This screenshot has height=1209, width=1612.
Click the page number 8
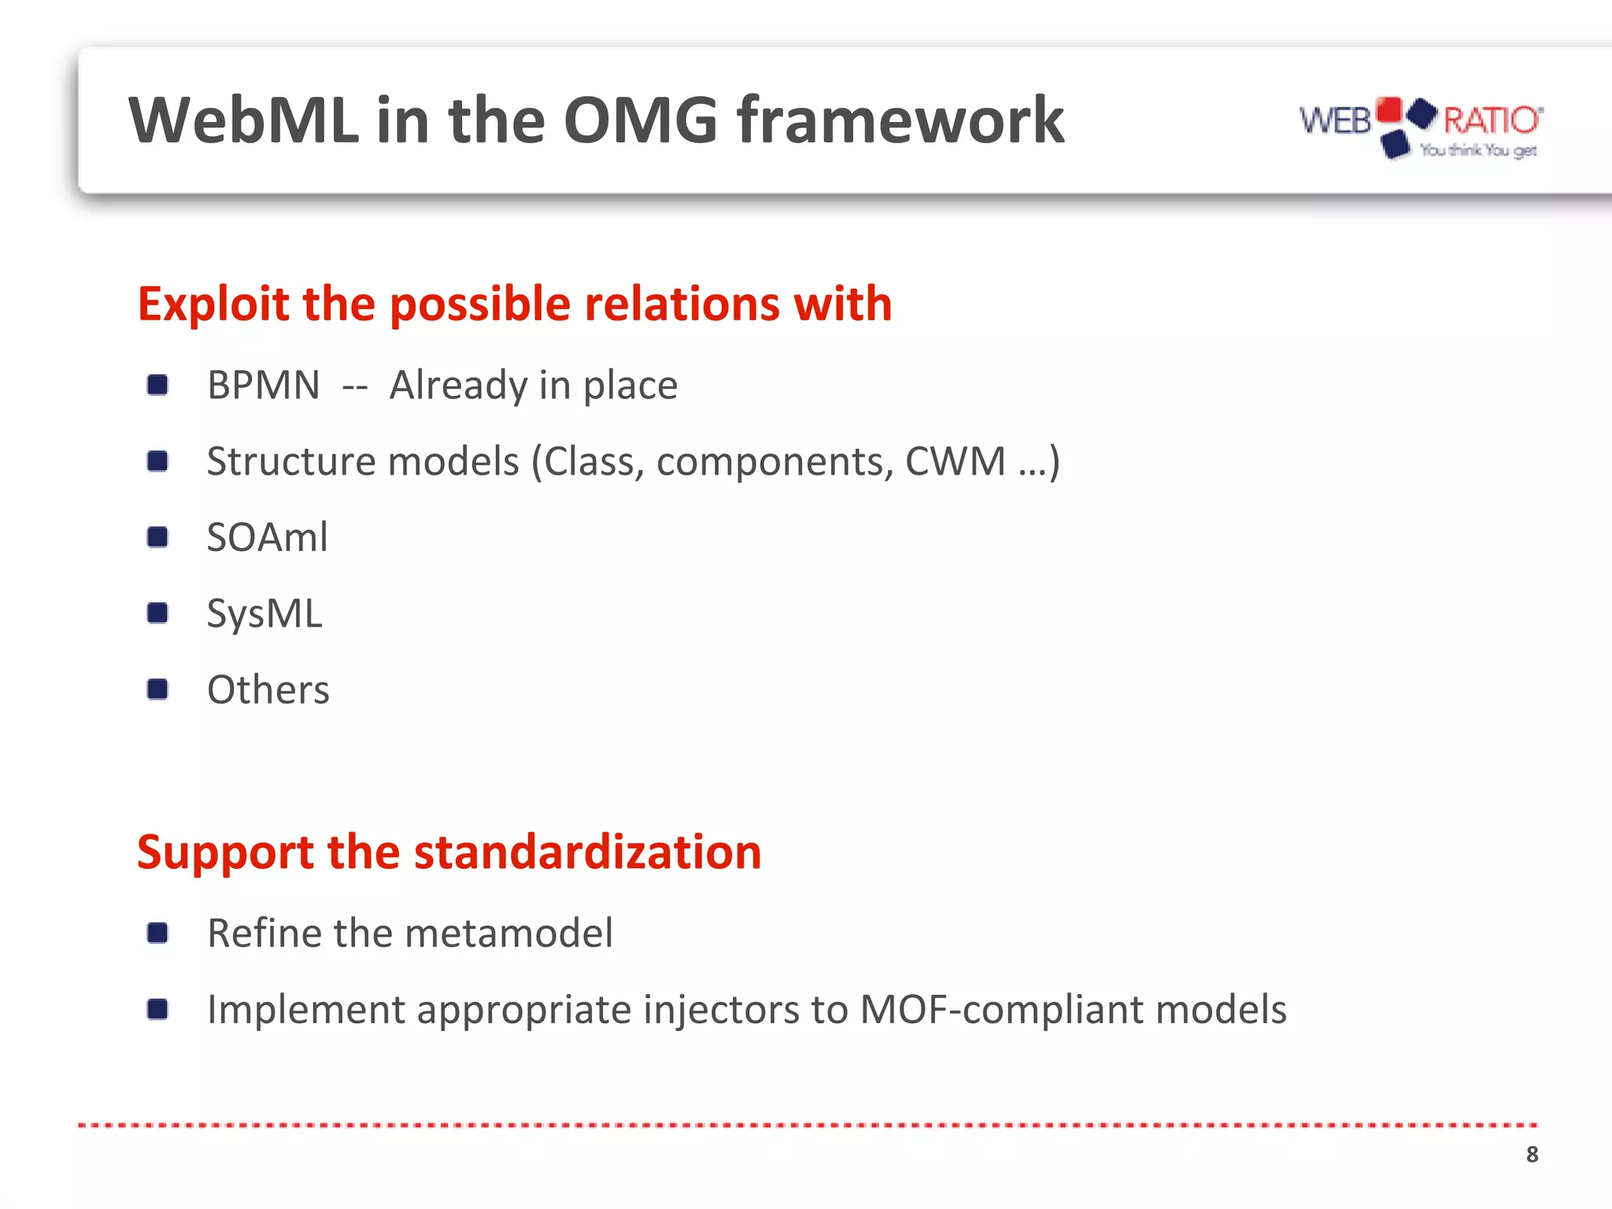click(x=1532, y=1154)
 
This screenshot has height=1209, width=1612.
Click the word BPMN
click(x=264, y=386)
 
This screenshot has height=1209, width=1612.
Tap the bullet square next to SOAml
click(x=157, y=537)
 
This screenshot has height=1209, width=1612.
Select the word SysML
click(x=264, y=613)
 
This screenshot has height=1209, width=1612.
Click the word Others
click(x=268, y=690)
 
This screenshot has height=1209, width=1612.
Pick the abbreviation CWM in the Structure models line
click(x=955, y=461)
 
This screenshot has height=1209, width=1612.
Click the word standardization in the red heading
click(x=587, y=852)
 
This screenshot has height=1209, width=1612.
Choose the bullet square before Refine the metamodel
click(x=157, y=933)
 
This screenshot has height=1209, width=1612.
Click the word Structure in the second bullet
click(x=291, y=461)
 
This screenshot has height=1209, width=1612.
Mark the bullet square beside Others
click(x=157, y=690)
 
